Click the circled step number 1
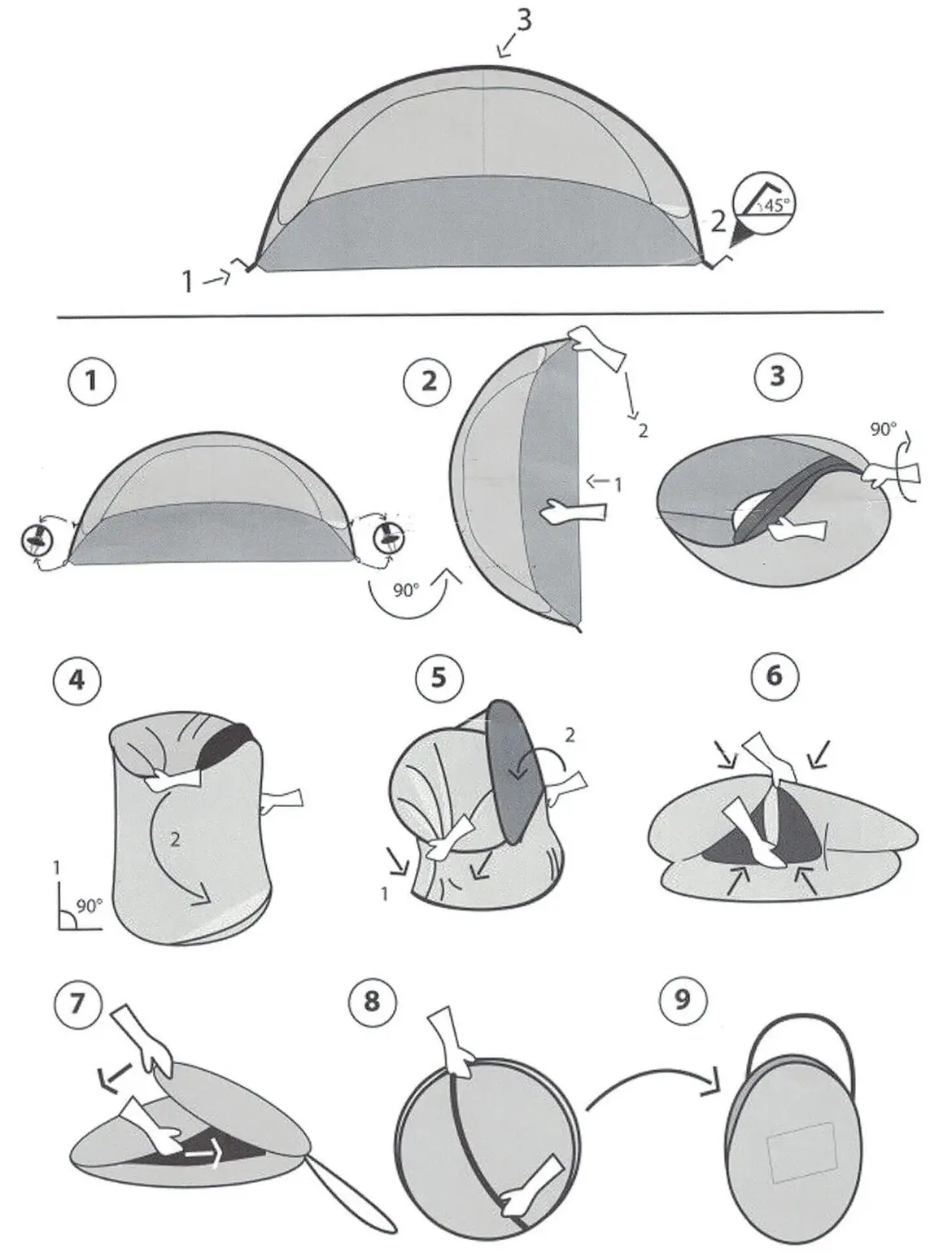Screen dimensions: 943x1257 click(x=92, y=382)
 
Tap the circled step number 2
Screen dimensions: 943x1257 click(x=427, y=382)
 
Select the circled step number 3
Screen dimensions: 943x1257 click(x=778, y=376)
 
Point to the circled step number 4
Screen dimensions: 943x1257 click(x=76, y=680)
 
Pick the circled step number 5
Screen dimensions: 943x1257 click(x=439, y=678)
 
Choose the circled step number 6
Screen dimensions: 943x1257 click(x=774, y=676)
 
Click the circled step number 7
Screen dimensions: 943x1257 click(x=78, y=1004)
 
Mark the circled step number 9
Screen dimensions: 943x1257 click(x=683, y=1000)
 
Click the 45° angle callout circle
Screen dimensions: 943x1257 click(x=764, y=203)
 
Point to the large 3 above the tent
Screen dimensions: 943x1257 click(x=523, y=20)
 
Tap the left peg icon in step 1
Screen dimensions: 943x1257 click(x=37, y=539)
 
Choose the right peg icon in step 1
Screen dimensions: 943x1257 click(x=389, y=538)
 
